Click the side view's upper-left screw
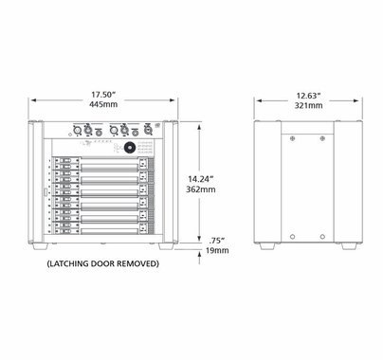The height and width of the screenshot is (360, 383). point(291,138)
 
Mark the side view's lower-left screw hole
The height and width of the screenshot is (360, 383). point(291,234)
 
